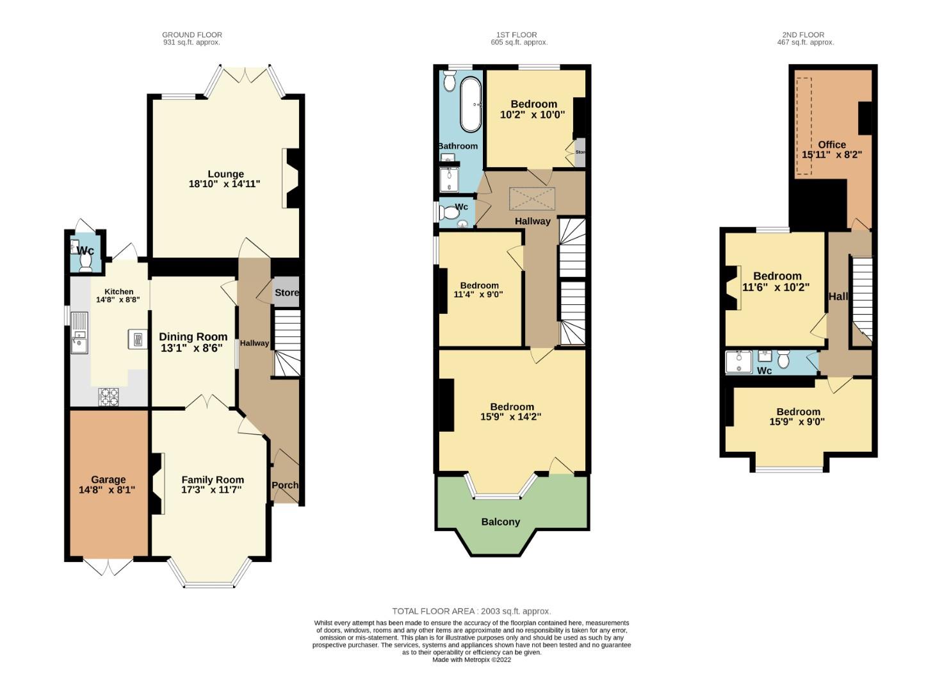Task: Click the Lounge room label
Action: [x=225, y=174]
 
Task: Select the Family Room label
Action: [x=212, y=479]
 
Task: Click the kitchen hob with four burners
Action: [x=108, y=397]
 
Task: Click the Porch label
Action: [x=284, y=485]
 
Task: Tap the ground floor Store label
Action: [x=286, y=293]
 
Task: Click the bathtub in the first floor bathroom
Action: [x=471, y=104]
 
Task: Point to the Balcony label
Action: [x=500, y=522]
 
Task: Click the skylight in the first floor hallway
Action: [x=532, y=199]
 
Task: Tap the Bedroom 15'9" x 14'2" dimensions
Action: [x=511, y=416]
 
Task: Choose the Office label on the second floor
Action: [x=831, y=144]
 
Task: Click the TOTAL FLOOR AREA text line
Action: [x=471, y=611]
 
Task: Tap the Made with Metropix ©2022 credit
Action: [x=471, y=660]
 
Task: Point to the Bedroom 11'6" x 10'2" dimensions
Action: [x=776, y=288]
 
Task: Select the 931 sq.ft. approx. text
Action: [x=191, y=42]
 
